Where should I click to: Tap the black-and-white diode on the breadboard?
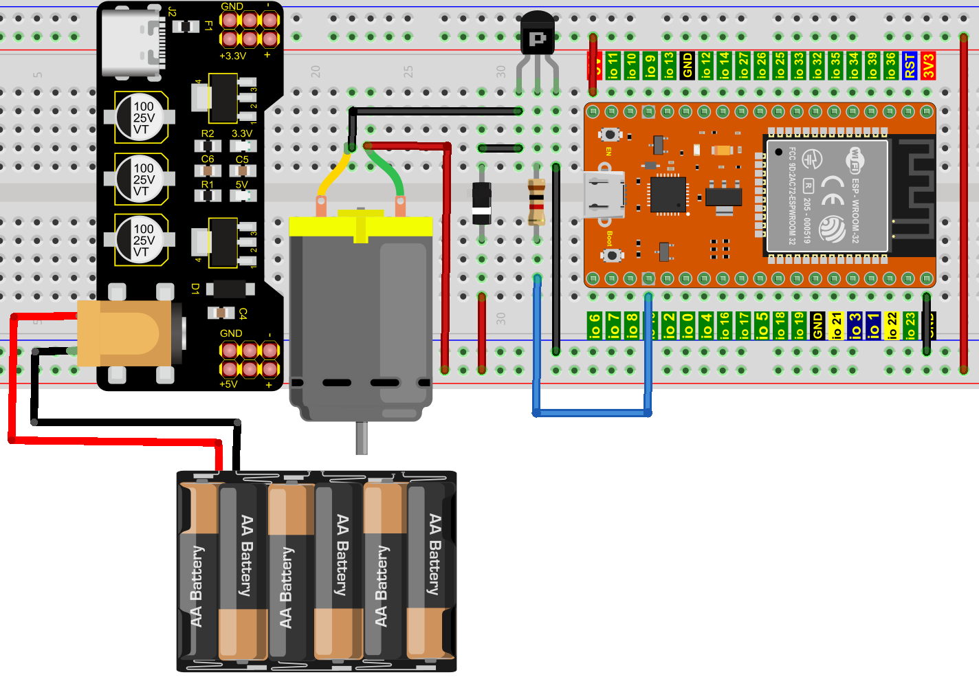481,204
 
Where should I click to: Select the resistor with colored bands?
536,201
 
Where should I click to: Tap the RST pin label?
910,66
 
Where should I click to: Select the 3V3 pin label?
928,66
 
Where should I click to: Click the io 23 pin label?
910,326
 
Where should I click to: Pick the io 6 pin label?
595,326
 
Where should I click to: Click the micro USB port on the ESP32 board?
604,195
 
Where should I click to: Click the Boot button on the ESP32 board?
610,255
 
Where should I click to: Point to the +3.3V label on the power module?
232,56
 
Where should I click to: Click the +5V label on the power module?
228,384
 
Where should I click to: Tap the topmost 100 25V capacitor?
141,118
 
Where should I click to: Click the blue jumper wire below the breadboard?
592,412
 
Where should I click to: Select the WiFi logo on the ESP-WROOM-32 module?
855,160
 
